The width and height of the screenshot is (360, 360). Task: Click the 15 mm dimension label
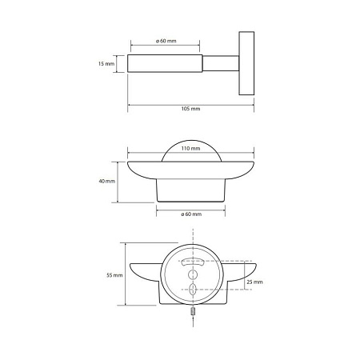coord(106,64)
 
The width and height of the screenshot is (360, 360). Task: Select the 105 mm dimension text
coord(190,109)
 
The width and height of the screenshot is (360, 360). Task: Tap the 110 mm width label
coord(190,148)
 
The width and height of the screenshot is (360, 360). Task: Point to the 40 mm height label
coord(107,181)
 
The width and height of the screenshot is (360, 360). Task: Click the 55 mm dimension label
coord(114,275)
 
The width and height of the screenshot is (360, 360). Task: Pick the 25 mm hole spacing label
coord(254,282)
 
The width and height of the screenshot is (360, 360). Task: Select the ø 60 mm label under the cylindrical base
coord(191,214)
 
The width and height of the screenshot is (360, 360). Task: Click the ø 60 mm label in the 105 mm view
coord(166,41)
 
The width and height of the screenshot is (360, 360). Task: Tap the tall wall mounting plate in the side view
coord(246,63)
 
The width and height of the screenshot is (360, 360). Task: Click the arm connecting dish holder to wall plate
coord(221,63)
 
